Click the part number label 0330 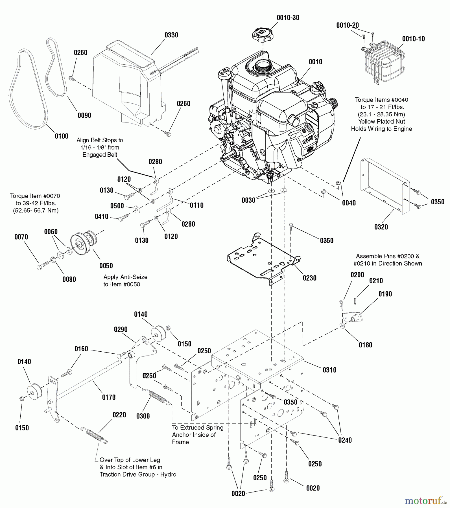171,35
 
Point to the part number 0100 62,136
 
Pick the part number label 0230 309,278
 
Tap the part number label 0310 329,370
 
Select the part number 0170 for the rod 109,397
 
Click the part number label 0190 385,294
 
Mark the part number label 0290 121,330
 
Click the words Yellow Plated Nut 381,122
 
